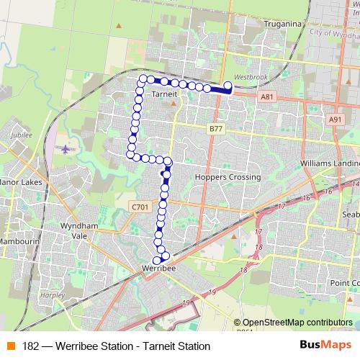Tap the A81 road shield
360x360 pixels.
(268, 96)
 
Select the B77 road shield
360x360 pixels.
(216, 127)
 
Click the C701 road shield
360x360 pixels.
(140, 207)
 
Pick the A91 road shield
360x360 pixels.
(335, 120)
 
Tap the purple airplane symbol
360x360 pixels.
(66, 149)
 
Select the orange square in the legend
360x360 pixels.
(10, 346)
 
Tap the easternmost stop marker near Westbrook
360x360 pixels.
(228, 86)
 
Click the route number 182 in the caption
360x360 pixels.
(31, 346)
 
